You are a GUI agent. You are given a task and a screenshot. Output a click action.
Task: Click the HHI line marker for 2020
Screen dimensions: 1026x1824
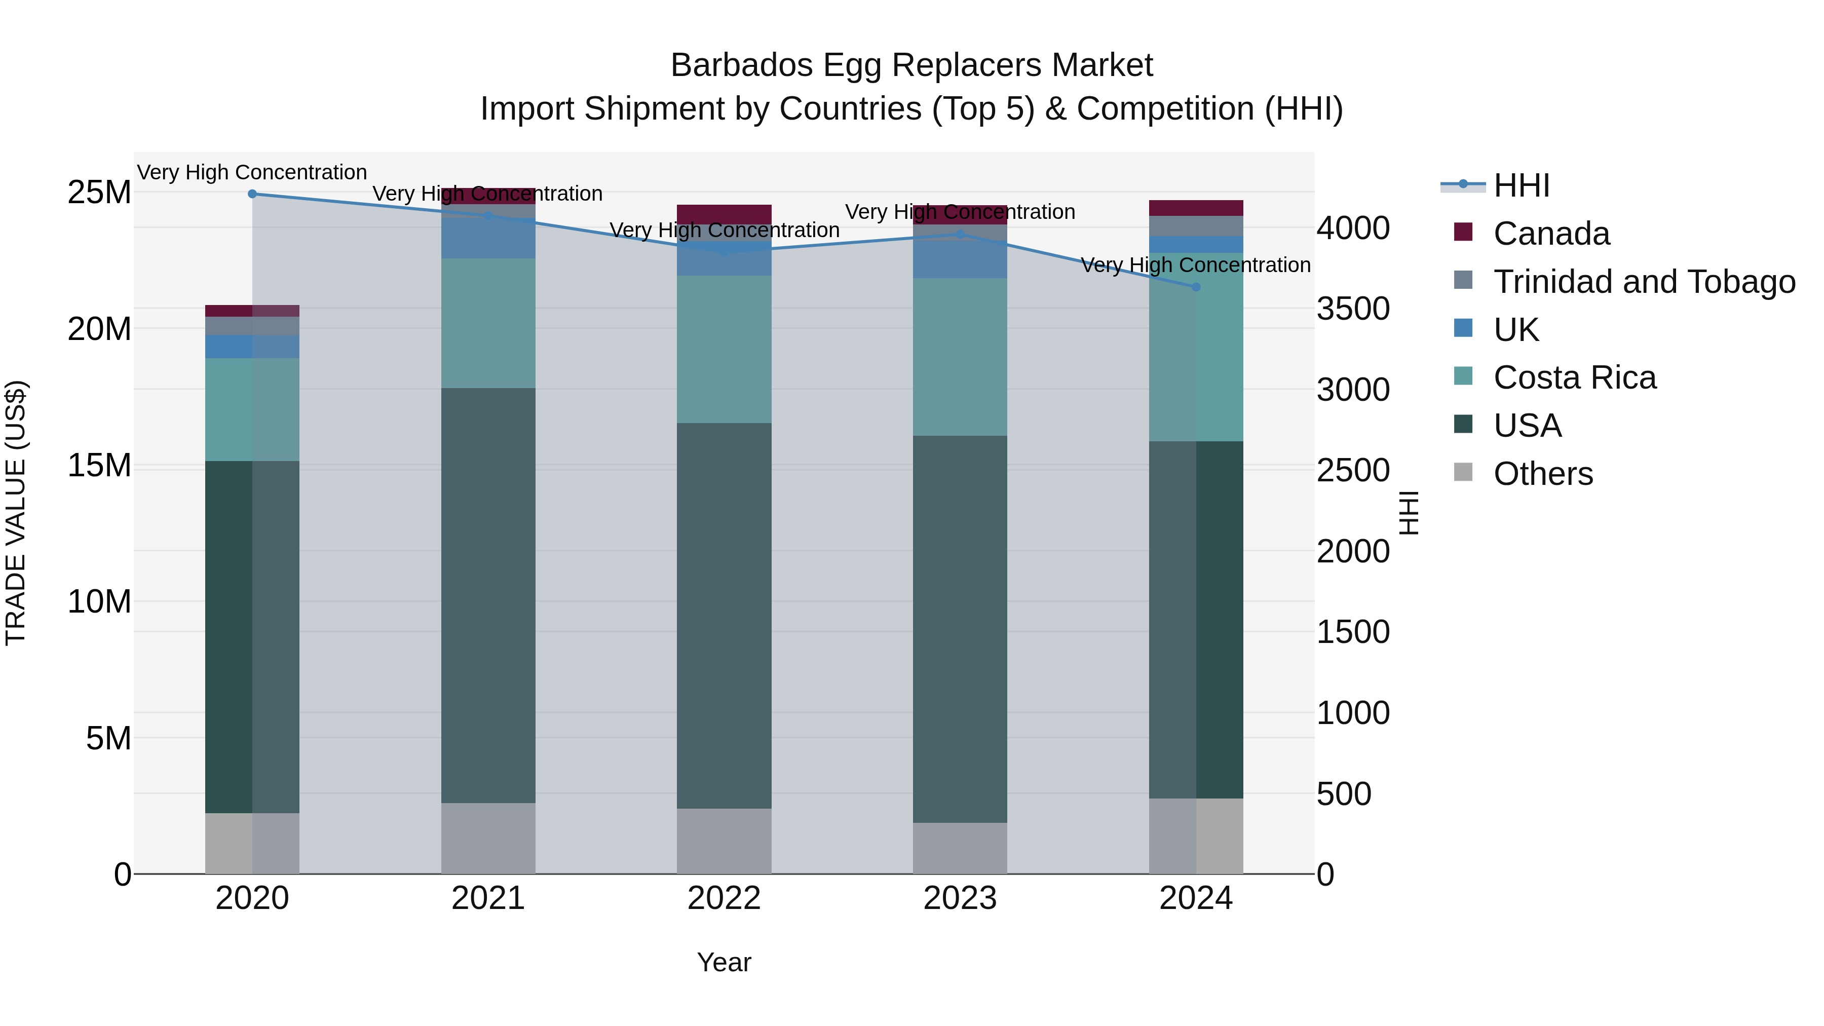[252, 194]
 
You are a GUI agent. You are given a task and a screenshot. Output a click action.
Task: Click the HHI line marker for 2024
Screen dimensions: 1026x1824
[1196, 287]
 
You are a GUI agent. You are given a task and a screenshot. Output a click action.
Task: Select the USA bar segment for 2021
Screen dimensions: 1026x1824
[488, 595]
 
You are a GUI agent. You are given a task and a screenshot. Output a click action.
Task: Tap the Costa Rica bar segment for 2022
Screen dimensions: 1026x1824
[724, 349]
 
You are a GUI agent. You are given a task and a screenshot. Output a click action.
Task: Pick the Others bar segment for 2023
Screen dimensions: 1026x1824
[960, 848]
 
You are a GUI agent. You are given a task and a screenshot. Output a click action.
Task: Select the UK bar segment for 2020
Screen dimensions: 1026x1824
[252, 346]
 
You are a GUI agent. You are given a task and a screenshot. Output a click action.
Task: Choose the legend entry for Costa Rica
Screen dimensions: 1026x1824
[1574, 377]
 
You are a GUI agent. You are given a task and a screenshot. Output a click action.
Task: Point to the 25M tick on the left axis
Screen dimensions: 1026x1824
[99, 193]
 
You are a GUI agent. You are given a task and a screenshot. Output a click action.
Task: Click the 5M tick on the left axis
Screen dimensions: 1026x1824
[108, 739]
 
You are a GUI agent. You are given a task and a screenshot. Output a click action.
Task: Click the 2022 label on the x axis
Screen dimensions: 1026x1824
[724, 898]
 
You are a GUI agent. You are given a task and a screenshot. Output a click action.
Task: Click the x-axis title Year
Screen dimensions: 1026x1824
[724, 962]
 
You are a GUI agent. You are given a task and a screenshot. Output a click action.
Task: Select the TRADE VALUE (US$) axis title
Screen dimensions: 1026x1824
[16, 513]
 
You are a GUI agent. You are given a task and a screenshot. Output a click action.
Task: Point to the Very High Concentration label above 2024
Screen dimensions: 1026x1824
[1195, 265]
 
